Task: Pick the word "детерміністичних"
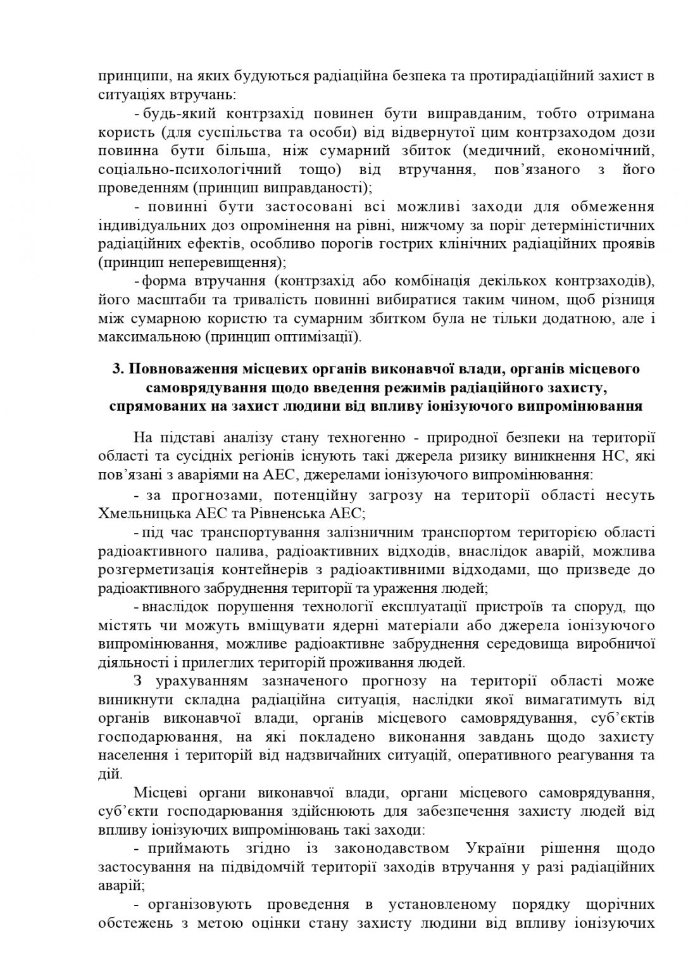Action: pyautogui.click(x=588, y=225)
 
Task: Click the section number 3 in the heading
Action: pyautogui.click(x=116, y=369)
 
